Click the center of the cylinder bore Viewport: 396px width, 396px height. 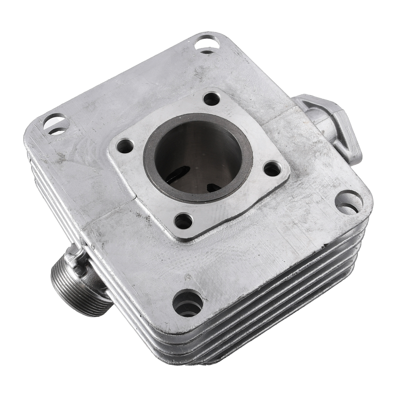click(x=198, y=158)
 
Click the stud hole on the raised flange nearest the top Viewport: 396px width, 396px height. click(x=212, y=99)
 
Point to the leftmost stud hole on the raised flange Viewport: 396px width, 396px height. click(x=125, y=146)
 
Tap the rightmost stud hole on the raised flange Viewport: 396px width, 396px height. click(x=272, y=169)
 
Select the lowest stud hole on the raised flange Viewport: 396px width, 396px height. click(x=183, y=221)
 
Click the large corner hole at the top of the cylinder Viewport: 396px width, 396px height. click(x=207, y=44)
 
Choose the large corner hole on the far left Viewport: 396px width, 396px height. click(x=56, y=124)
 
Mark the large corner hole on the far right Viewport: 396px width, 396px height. click(x=349, y=202)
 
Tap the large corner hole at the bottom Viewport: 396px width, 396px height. click(x=188, y=303)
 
